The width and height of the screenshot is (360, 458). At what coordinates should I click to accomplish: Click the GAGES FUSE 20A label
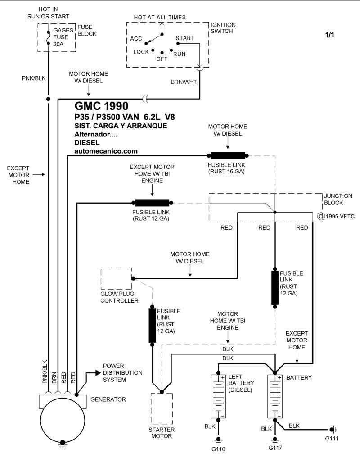63,37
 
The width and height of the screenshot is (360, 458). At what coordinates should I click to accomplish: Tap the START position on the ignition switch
185,38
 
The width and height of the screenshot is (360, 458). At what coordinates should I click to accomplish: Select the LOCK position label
141,52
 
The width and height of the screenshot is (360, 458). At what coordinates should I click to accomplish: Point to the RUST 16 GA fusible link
228,156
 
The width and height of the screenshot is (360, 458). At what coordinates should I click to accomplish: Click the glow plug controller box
116,278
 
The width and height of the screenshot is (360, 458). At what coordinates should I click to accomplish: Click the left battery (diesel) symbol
218,396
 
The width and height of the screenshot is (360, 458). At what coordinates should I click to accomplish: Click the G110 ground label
219,449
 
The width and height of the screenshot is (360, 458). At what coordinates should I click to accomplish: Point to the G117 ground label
275,448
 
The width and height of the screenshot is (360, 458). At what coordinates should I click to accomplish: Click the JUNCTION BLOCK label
338,199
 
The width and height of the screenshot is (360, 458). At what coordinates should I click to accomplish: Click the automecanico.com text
106,151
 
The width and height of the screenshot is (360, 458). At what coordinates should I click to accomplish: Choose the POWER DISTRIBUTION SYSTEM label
122,372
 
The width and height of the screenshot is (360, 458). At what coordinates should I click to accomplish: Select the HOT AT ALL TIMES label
160,18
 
